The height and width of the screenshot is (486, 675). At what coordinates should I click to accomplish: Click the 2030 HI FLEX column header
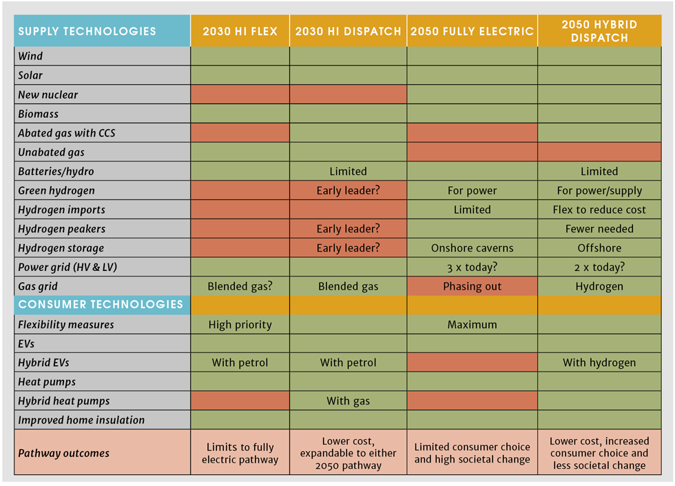click(x=240, y=31)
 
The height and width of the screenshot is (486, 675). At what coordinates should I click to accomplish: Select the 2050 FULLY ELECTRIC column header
click(x=472, y=31)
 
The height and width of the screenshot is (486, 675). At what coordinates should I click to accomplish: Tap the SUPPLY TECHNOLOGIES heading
click(x=87, y=31)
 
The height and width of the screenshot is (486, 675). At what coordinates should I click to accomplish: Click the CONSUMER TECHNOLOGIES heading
click(x=101, y=305)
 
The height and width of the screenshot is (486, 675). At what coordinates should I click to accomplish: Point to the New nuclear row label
click(x=48, y=94)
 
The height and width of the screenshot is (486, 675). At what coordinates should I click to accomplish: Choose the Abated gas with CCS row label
click(x=67, y=133)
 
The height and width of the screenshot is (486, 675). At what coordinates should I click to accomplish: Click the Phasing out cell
click(x=472, y=286)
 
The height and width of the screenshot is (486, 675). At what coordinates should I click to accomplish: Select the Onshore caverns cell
click(x=472, y=248)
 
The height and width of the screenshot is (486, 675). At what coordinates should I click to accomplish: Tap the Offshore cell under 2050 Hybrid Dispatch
click(x=599, y=248)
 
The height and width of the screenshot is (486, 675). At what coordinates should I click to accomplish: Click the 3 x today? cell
click(x=472, y=267)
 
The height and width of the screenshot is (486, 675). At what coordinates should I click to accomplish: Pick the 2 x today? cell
click(x=599, y=267)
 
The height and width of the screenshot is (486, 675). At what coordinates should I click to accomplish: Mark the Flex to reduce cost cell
click(x=599, y=210)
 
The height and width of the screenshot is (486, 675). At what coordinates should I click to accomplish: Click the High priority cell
click(x=240, y=325)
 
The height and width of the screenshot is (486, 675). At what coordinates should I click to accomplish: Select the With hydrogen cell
click(x=599, y=363)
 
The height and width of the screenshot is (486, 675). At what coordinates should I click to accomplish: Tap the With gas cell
click(x=348, y=401)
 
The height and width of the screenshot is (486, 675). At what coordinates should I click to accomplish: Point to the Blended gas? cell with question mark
click(x=240, y=286)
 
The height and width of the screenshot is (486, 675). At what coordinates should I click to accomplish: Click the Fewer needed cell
click(x=599, y=229)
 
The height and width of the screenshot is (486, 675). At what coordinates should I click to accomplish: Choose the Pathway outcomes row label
click(x=63, y=453)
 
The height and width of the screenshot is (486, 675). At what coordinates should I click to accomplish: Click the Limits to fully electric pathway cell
click(x=240, y=453)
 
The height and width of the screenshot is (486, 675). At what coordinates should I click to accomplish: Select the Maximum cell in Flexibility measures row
click(x=472, y=325)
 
